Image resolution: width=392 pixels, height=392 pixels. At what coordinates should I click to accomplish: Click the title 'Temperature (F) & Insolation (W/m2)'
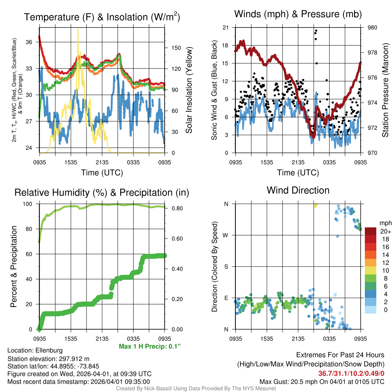coord(102,17)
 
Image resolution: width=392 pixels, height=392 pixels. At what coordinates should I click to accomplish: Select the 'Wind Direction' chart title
coord(298,190)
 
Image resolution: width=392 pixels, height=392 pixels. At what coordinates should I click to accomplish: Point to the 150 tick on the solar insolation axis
coord(176,48)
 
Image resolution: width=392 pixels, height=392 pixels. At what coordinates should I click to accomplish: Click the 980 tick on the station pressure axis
coord(372,28)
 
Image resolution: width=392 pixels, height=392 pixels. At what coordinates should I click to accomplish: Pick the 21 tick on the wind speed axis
coord(225,28)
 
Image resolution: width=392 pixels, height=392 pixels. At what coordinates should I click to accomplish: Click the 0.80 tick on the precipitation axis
coord(175,209)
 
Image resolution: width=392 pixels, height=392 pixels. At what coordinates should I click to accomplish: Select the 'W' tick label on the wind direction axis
coord(226,235)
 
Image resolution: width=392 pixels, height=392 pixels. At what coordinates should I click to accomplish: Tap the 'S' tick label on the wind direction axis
coord(226,266)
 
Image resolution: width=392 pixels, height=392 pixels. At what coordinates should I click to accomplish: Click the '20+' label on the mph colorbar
coord(385,231)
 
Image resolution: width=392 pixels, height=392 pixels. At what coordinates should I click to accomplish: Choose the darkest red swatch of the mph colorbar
coord(370,231)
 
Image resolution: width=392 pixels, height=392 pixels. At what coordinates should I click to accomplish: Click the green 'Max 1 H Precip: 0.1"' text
coord(150,346)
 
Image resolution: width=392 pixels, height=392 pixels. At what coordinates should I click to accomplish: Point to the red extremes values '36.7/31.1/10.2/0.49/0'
coord(351,373)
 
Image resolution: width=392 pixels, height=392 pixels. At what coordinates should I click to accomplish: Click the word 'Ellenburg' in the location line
coord(49,350)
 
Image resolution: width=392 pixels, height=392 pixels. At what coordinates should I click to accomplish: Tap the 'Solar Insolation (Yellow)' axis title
coord(189,90)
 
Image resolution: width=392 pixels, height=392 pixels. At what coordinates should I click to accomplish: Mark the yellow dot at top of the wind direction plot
coord(315,206)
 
